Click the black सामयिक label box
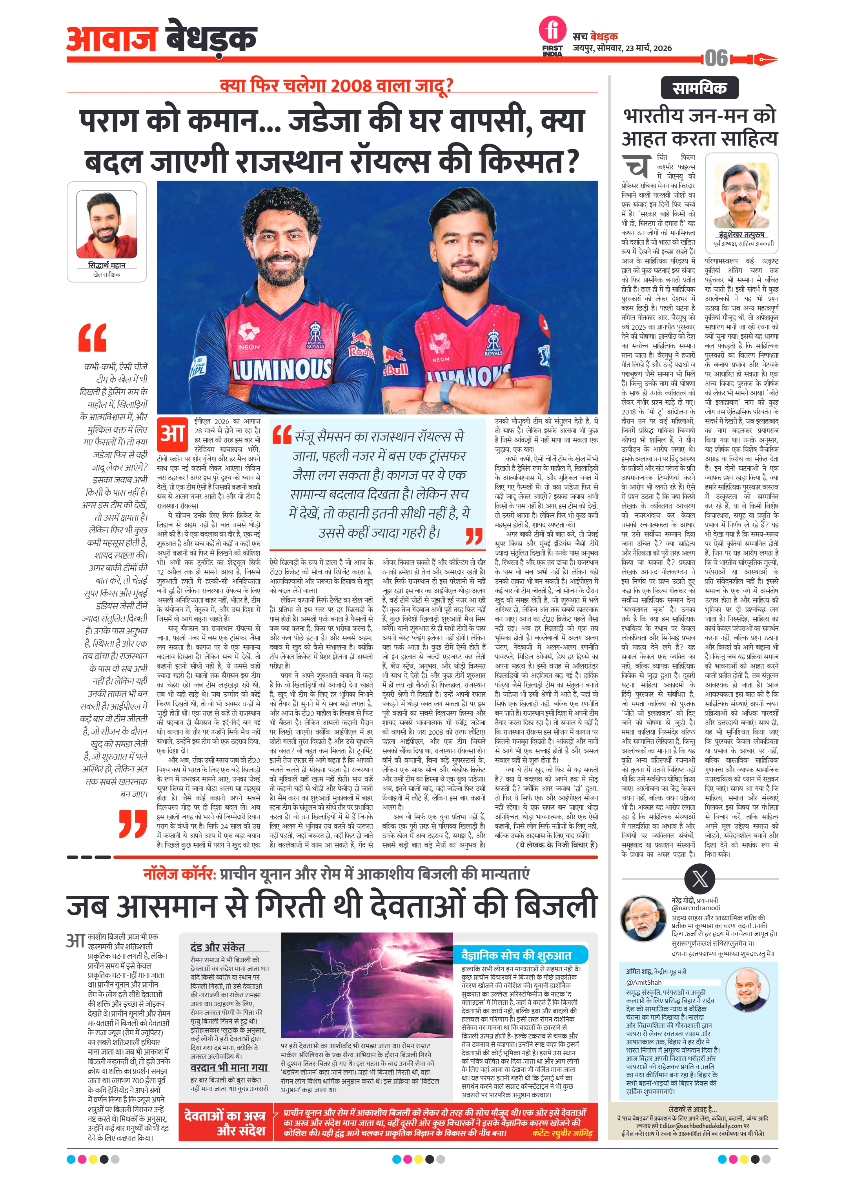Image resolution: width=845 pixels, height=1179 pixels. tap(699, 88)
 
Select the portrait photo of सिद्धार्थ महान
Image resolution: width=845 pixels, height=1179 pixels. tap(107, 224)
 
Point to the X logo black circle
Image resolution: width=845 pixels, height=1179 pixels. tap(699, 879)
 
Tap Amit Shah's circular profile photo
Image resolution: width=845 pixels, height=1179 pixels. tap(747, 990)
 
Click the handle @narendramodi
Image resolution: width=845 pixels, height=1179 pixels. tap(696, 908)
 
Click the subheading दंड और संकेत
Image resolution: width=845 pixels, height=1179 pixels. tap(217, 947)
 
